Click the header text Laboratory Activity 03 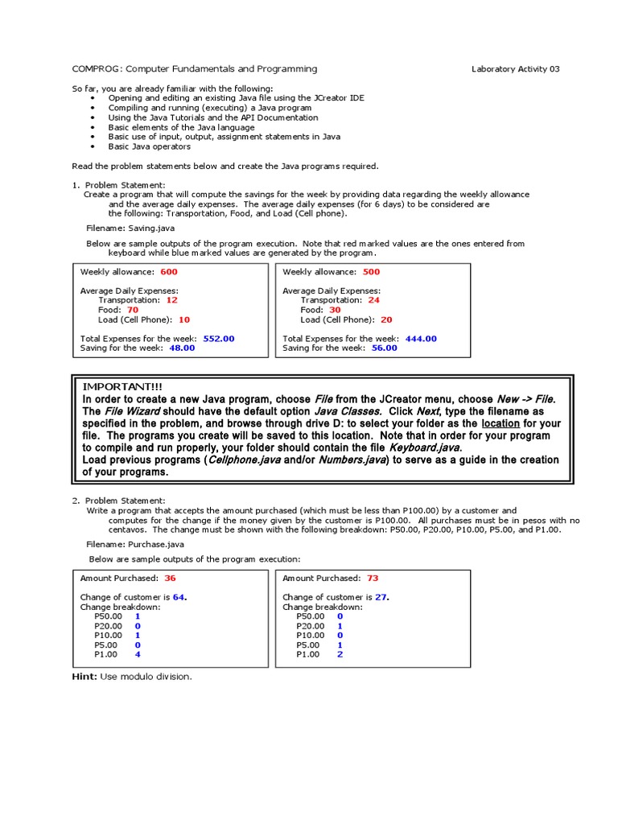point(515,69)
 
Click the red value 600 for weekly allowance point(169,272)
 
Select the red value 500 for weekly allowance point(371,272)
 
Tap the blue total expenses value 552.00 point(219,339)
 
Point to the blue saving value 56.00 point(384,348)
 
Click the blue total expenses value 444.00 point(421,339)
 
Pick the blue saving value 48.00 point(182,348)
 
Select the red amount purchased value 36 point(170,578)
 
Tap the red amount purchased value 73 point(373,578)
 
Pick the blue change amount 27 point(381,597)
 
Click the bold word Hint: point(84,677)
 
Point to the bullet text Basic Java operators point(150,146)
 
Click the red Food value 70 point(133,310)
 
